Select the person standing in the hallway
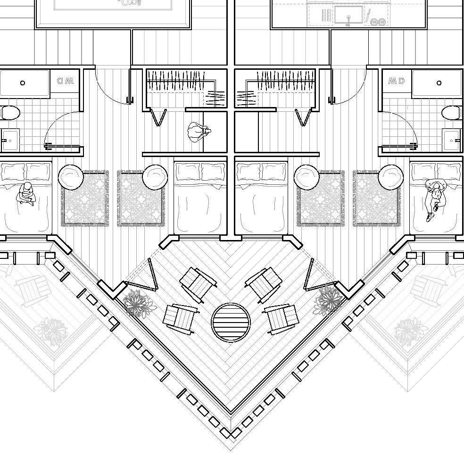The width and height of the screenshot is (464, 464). pyautogui.click(x=198, y=133)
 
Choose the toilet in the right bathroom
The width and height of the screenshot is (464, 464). pyautogui.click(x=451, y=113)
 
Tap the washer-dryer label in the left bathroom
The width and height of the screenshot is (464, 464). pyautogui.click(x=65, y=81)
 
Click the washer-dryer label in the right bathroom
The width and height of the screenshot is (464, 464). pyautogui.click(x=396, y=81)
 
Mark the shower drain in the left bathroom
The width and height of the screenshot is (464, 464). pyautogui.click(x=23, y=83)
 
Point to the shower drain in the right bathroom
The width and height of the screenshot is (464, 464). pyautogui.click(x=439, y=83)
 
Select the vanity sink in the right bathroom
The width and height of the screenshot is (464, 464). pyautogui.click(x=452, y=140)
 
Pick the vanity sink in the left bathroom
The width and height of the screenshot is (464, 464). pyautogui.click(x=9, y=140)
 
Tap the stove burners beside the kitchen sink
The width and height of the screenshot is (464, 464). pyautogui.click(x=378, y=22)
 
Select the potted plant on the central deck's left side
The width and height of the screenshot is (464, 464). pyautogui.click(x=137, y=303)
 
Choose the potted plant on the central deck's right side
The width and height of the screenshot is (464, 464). pyautogui.click(x=328, y=300)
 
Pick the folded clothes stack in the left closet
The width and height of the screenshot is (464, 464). pyautogui.click(x=215, y=98)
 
